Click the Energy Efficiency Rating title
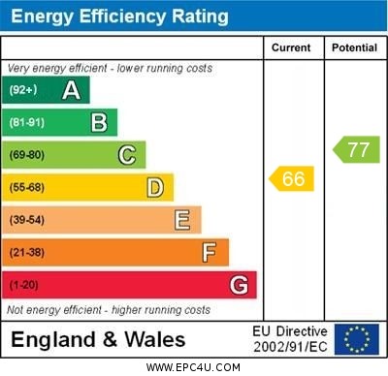click(119, 16)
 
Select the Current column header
click(291, 47)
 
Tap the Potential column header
click(354, 47)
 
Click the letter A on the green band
click(71, 90)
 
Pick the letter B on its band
click(99, 122)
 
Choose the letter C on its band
click(127, 155)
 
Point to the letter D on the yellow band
click(155, 187)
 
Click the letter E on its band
click(182, 220)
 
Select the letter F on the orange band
click(210, 253)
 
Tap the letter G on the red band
click(239, 285)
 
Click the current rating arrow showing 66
click(292, 178)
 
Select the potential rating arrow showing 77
click(357, 149)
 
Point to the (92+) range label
click(23, 90)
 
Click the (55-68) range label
click(27, 187)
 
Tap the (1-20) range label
click(24, 285)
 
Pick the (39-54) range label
click(27, 220)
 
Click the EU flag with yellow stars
click(357, 339)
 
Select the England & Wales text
click(98, 340)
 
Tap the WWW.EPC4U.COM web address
click(194, 367)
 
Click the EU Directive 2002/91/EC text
click(290, 339)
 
